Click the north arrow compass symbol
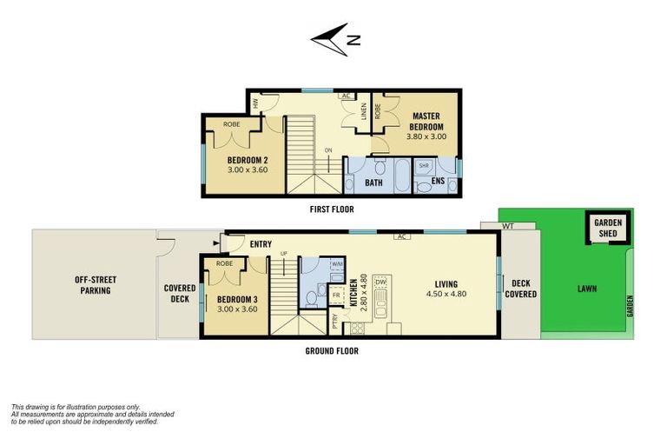334,38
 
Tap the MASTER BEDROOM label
426,121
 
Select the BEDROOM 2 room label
248,164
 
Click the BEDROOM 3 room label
237,302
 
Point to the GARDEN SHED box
608,228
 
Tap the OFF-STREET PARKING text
94,285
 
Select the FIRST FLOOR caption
331,209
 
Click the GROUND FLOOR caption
331,351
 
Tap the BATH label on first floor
374,183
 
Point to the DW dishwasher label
380,282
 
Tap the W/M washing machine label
336,264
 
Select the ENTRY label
261,244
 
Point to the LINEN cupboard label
363,112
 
